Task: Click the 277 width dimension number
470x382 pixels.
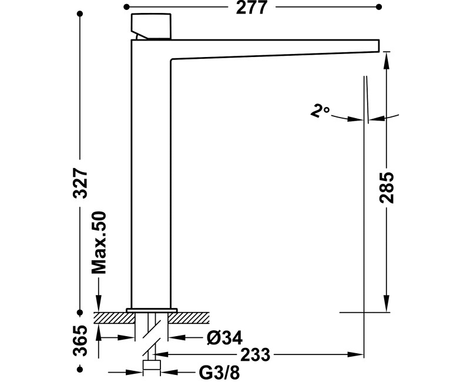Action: coord(251,8)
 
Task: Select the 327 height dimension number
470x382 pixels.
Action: coord(80,183)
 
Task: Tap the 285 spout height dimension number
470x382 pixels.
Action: coord(387,188)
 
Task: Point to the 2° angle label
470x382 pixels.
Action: coord(320,110)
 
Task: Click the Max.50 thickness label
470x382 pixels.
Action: coord(99,243)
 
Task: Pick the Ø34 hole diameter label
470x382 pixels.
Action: coord(224,339)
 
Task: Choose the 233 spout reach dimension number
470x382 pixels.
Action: coord(256,355)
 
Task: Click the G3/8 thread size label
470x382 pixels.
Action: coord(219,373)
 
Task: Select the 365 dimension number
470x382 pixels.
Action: coord(80,340)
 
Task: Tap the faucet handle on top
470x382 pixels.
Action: coord(151,26)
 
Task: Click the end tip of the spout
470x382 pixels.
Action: coord(379,46)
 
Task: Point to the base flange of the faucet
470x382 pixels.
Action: coord(152,310)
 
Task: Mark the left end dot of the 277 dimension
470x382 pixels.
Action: coord(126,6)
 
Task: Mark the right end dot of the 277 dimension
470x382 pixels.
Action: coord(379,6)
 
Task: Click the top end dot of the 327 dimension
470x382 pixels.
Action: coord(80,14)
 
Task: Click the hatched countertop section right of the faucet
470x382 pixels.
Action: coord(189,318)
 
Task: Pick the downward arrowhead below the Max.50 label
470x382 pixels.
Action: coord(99,303)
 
